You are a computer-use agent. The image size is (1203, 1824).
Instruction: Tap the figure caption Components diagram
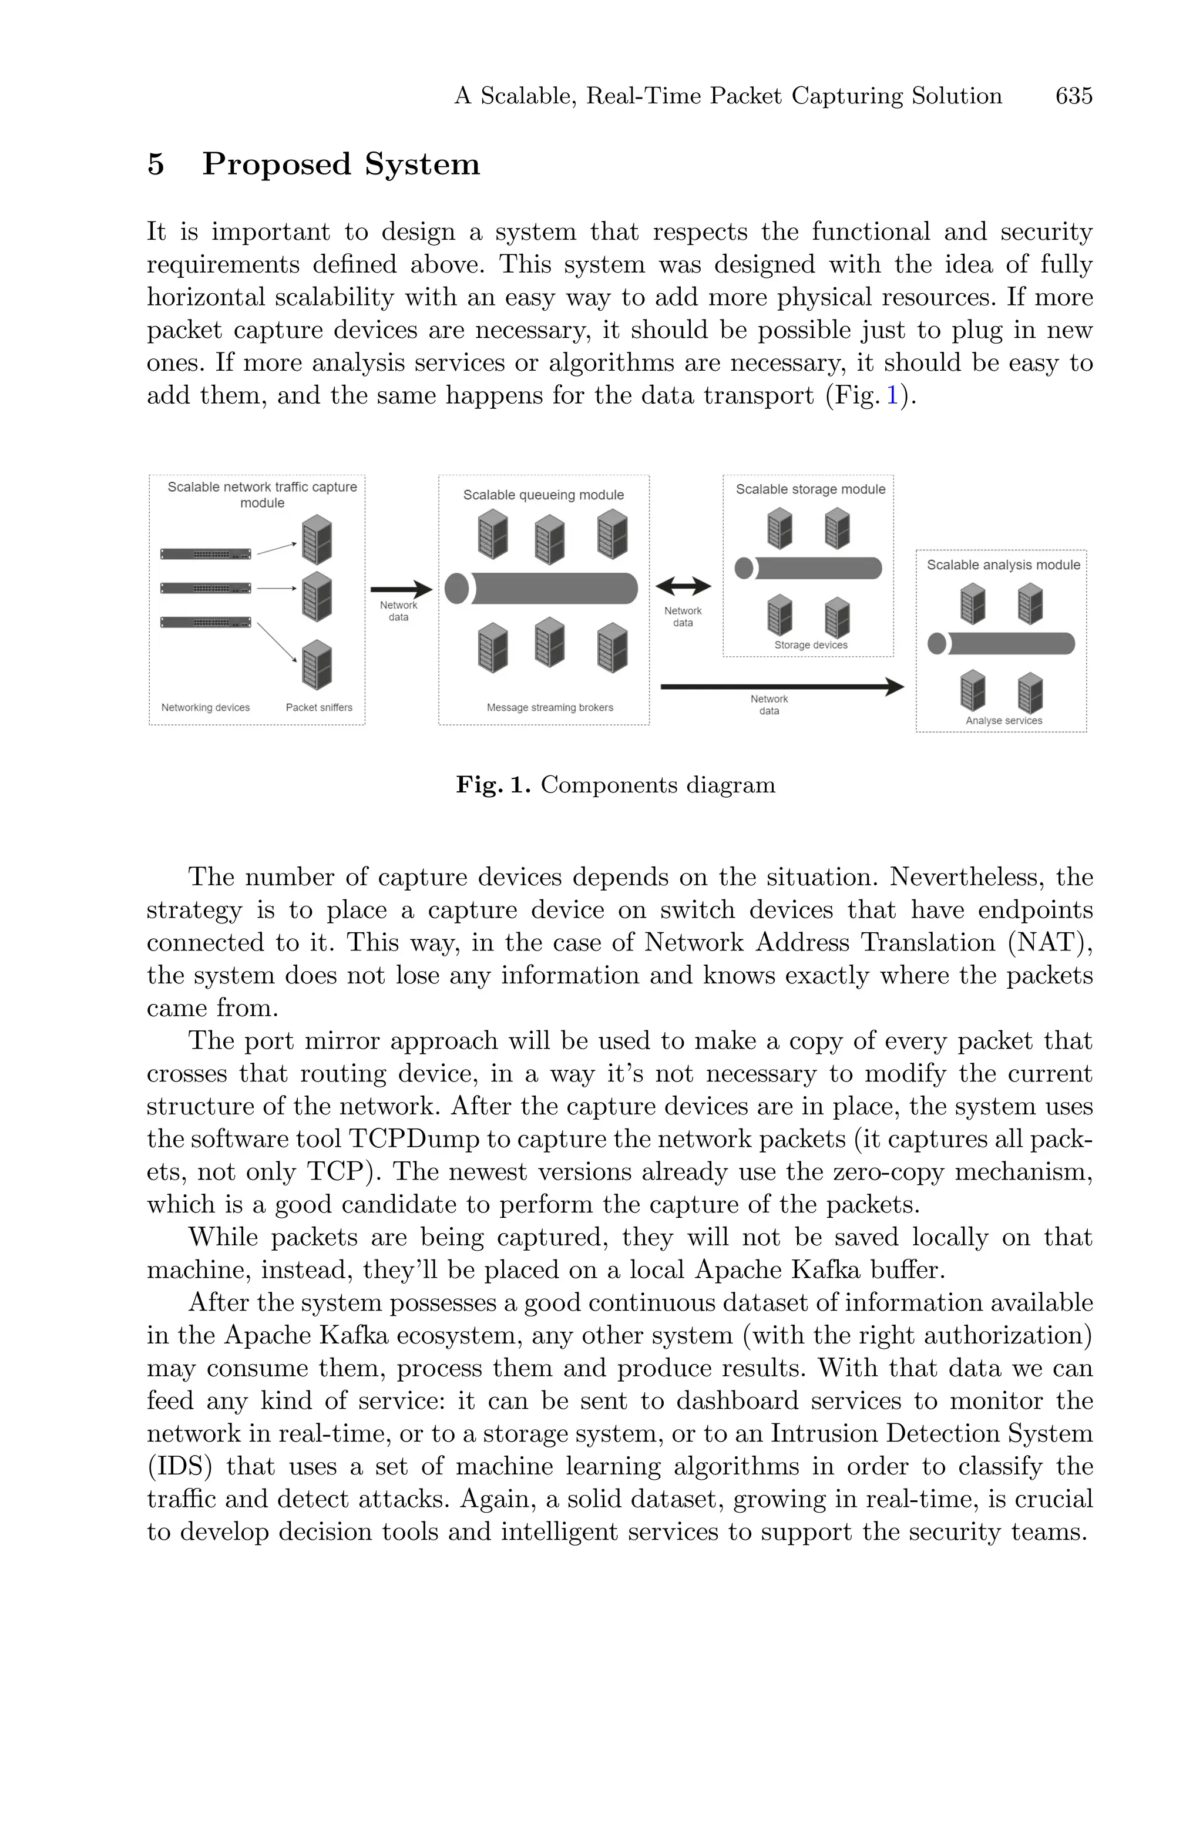(x=657, y=785)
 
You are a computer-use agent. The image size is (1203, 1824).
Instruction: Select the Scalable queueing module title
(x=543, y=495)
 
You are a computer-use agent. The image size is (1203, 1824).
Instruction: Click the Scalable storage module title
(x=810, y=489)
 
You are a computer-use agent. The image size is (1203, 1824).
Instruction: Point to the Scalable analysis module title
(x=1003, y=565)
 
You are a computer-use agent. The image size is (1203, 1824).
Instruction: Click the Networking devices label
(x=206, y=707)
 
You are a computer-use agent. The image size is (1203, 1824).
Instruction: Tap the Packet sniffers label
(x=319, y=707)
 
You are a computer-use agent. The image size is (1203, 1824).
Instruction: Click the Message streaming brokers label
(x=549, y=707)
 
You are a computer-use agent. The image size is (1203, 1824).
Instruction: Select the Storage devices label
(x=810, y=645)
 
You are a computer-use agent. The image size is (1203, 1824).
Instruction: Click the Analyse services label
(x=1003, y=720)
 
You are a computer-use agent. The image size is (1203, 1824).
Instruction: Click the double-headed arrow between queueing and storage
(x=683, y=586)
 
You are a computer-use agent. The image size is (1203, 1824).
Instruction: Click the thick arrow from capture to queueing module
(x=401, y=589)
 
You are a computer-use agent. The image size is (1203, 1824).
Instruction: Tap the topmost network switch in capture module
(x=206, y=554)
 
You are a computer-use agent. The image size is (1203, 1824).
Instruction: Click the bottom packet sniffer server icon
(x=317, y=664)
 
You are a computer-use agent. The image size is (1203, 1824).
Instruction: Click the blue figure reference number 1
(x=892, y=396)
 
